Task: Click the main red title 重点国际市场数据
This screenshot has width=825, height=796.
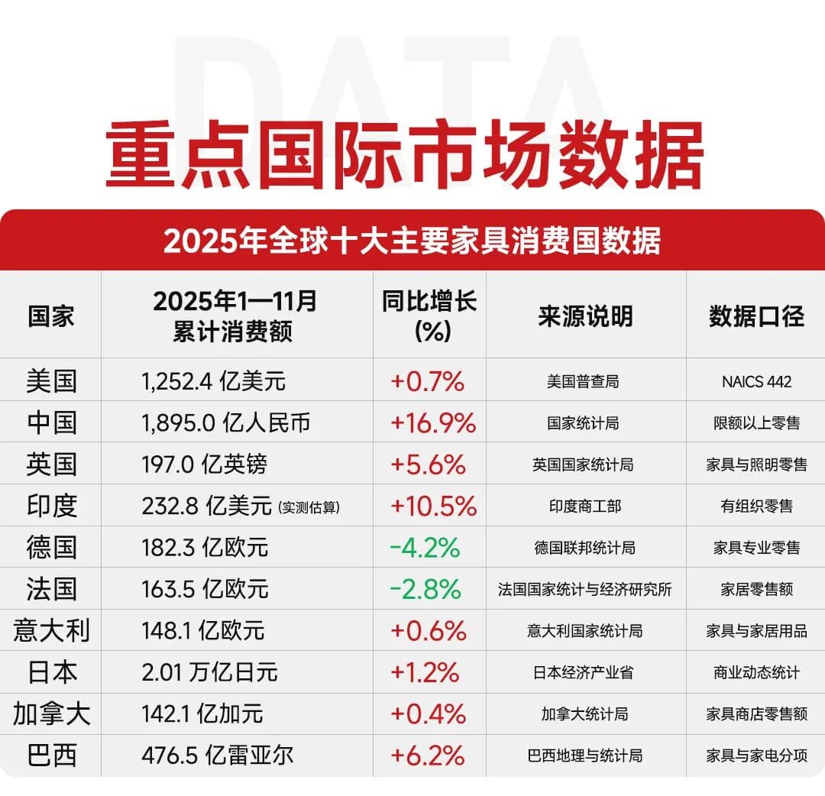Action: tap(404, 154)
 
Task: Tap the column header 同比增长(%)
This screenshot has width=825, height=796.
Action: tap(429, 315)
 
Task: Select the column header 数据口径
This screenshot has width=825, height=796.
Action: tap(755, 315)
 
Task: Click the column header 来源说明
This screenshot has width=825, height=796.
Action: tap(585, 315)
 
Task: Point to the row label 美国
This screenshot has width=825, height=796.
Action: tap(51, 380)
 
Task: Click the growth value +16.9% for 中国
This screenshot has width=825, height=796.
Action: tap(433, 422)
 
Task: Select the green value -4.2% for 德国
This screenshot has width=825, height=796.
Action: tap(425, 548)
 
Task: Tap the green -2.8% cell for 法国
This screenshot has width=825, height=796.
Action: tap(425, 589)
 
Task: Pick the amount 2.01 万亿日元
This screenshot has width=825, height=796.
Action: tap(209, 672)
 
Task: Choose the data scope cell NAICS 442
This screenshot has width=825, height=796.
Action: tap(756, 381)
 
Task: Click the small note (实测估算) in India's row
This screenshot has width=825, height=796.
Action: tap(309, 506)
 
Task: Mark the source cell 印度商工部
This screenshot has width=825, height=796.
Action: tap(585, 506)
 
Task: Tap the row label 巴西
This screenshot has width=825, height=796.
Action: tap(51, 756)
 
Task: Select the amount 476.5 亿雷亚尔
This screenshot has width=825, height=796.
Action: tap(218, 756)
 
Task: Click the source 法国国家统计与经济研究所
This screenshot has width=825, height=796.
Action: tap(585, 589)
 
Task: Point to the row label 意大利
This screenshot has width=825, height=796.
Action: tap(51, 631)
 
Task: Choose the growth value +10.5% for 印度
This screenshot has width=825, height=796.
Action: tap(433, 506)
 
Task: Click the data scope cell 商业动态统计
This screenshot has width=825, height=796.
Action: tap(756, 672)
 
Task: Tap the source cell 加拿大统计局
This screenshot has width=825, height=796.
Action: tap(585, 714)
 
